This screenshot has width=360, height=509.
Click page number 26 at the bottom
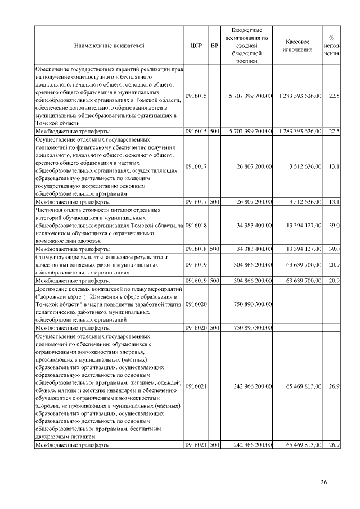[x=323, y=481]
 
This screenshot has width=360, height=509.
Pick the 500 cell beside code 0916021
[x=214, y=445]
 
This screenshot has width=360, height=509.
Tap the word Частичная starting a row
[x=50, y=210]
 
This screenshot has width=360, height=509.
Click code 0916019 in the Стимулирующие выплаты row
[x=196, y=264]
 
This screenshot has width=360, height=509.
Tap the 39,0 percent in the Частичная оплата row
[x=334, y=225]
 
